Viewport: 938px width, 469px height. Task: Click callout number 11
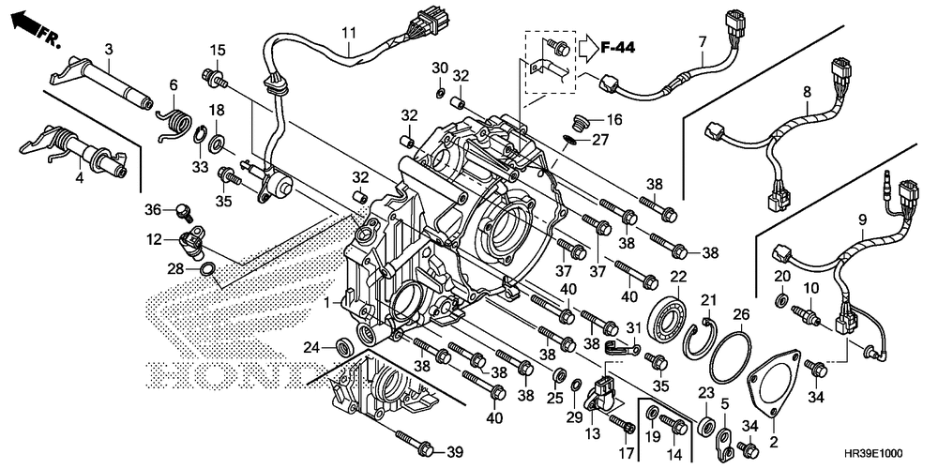click(x=348, y=33)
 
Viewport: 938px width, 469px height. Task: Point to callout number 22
click(x=677, y=277)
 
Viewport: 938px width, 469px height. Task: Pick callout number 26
click(x=740, y=313)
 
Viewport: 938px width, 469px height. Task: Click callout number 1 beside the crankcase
click(x=327, y=303)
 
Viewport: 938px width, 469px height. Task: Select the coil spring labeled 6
click(x=176, y=123)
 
